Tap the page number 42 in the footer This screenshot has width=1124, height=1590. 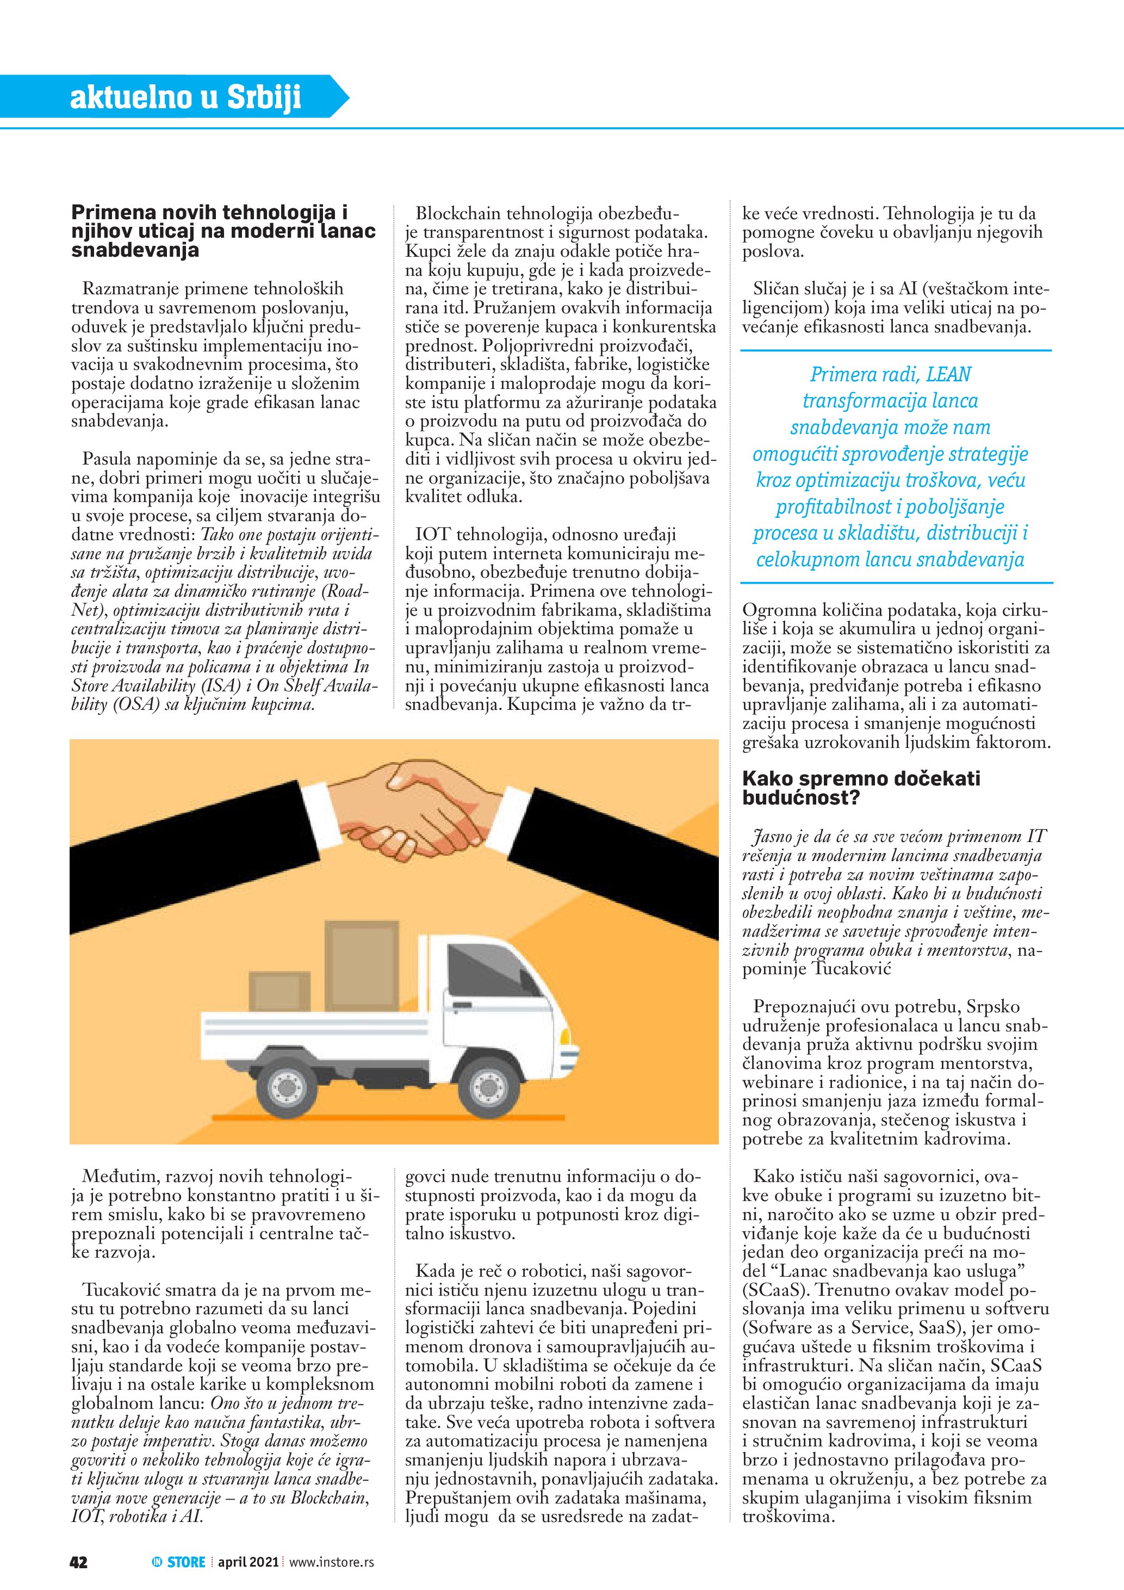tap(78, 1562)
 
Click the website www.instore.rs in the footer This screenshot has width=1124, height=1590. tap(332, 1562)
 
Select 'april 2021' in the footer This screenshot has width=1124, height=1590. tap(248, 1562)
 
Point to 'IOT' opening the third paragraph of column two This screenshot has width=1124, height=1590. tap(432, 535)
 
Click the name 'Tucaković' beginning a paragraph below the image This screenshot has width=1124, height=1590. tap(125, 1290)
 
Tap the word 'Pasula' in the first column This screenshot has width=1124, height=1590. tap(107, 459)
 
